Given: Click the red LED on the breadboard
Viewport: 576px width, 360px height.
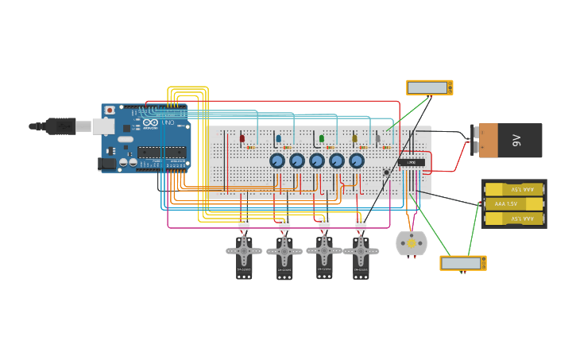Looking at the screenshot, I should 242,138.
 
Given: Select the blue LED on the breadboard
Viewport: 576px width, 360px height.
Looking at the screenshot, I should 278,138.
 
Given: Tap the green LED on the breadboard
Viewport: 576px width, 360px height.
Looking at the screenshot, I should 322,138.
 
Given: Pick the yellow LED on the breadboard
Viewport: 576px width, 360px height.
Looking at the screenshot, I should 355,138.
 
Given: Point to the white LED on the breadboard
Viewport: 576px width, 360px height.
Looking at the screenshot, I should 378,138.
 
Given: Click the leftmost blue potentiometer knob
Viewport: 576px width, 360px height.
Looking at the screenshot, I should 277,161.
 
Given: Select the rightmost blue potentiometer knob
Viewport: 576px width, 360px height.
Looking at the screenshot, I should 357,161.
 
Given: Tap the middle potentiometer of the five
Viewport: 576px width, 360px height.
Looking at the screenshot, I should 317,161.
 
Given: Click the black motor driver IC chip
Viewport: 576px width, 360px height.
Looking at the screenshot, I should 412,162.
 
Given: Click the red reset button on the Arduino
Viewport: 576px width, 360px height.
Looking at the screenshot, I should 110,110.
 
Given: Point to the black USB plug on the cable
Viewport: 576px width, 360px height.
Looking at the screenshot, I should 60,126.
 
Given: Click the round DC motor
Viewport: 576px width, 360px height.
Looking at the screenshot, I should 412,243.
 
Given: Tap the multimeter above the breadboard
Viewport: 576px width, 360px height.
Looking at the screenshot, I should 429,87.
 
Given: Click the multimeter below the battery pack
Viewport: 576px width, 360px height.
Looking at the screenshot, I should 462,263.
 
